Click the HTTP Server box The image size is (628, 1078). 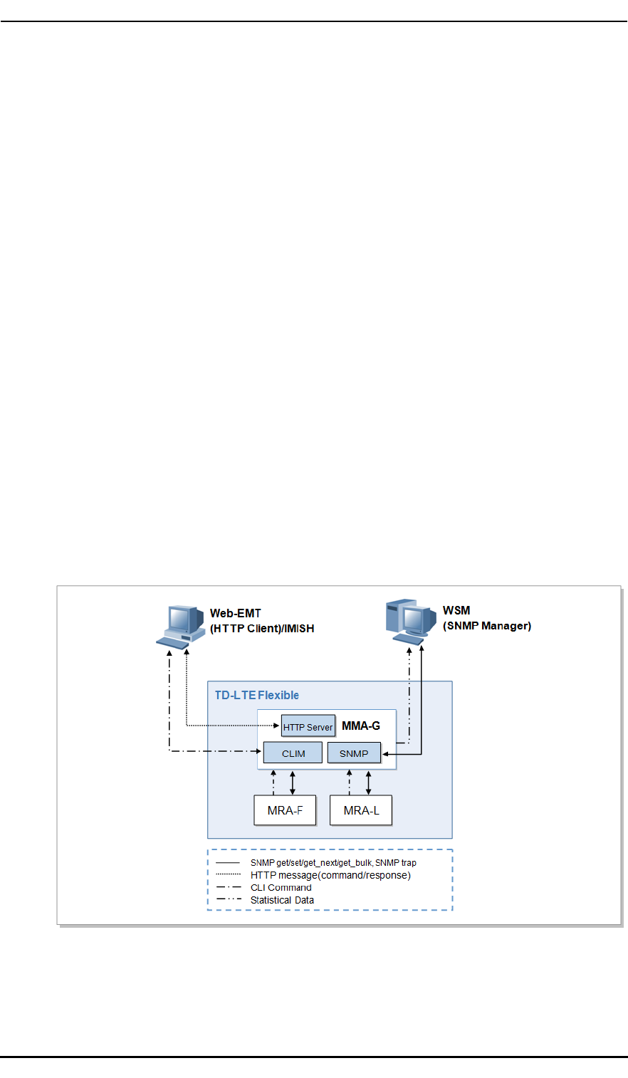pos(308,727)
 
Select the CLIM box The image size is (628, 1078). pos(293,753)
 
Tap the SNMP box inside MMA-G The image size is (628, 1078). pos(354,753)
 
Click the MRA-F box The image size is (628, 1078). pos(285,810)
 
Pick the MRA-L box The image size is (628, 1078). pos(361,810)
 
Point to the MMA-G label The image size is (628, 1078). pos(361,726)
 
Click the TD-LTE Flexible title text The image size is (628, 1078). pos(257,695)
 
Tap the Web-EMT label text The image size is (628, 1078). pos(236,613)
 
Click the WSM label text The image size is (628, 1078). pos(456,610)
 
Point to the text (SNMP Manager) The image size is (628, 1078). pos(487,626)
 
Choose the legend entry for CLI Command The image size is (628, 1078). pos(281,887)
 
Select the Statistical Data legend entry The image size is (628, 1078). pos(282,900)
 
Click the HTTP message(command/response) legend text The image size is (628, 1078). pos(330,875)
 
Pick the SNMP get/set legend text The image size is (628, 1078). pos(333,862)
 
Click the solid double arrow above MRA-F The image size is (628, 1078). pos(293,783)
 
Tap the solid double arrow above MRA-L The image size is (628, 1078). pos(368,783)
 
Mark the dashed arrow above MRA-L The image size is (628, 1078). pos(350,783)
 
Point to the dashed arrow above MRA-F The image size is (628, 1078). pos(273,783)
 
